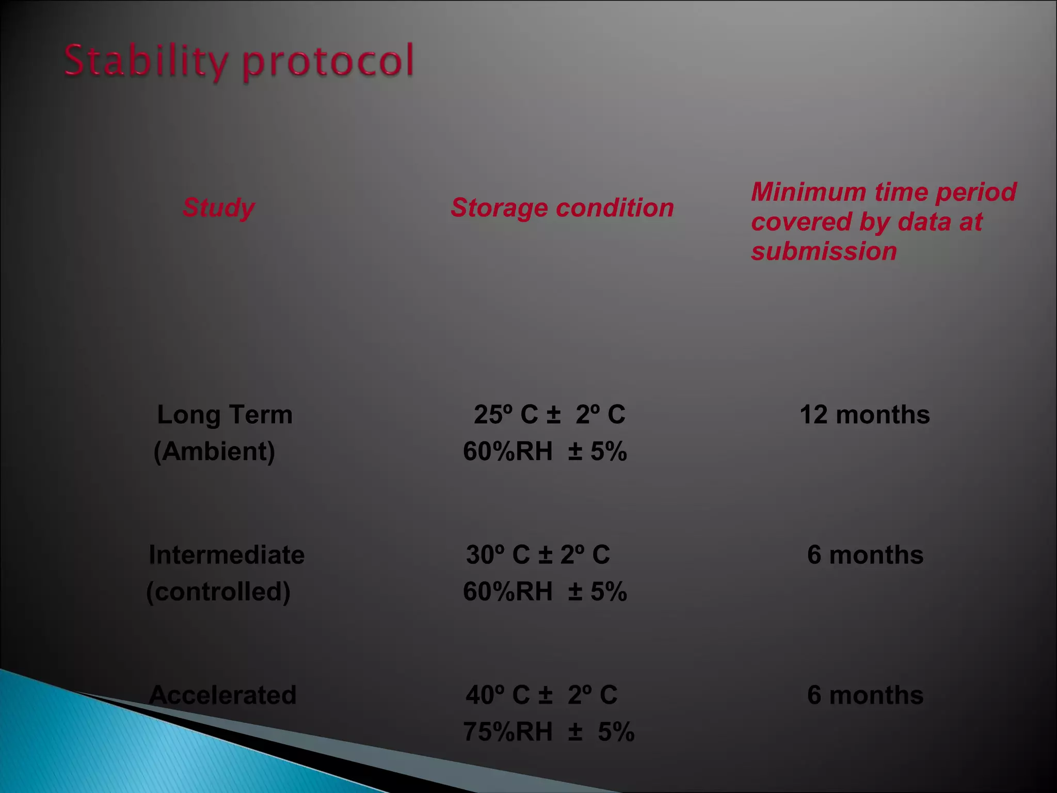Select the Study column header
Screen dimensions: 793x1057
(218, 208)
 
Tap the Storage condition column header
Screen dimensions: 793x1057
(562, 208)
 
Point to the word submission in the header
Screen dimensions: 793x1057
(824, 251)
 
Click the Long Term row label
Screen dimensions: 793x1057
(225, 415)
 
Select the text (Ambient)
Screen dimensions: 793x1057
(214, 451)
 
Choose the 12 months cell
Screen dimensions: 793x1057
(864, 415)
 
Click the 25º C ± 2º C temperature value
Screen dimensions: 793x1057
(549, 415)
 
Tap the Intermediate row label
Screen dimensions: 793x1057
(227, 555)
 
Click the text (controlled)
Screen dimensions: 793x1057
(218, 592)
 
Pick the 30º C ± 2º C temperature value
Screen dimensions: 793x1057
(538, 555)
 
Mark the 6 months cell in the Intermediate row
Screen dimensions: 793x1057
(865, 555)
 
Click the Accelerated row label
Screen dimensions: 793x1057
(222, 695)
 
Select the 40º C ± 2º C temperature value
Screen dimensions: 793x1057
(541, 695)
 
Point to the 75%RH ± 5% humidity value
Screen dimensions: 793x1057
(549, 732)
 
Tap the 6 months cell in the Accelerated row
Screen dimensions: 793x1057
(865, 695)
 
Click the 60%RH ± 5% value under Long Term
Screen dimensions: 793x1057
(544, 451)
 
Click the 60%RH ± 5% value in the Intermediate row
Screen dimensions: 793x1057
(544, 592)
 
